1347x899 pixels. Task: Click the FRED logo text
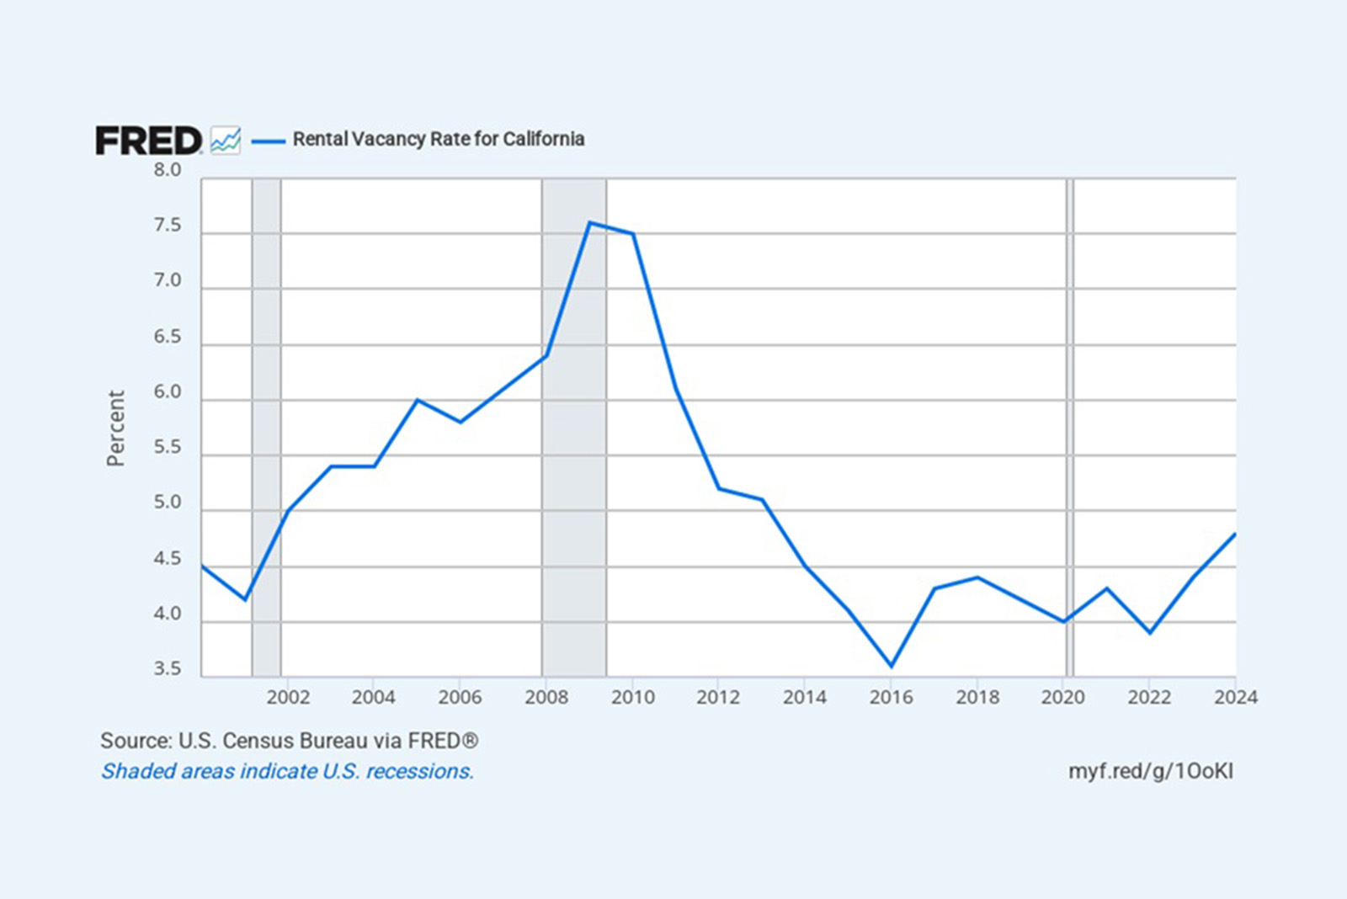148,141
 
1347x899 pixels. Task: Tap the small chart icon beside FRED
226,140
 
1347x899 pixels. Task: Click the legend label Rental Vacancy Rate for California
438,139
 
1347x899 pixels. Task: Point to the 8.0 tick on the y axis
167,170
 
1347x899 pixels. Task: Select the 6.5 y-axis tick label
167,337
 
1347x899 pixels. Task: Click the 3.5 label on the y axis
167,669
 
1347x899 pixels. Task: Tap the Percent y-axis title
115,428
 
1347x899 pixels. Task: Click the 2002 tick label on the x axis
288,697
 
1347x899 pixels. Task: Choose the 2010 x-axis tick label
632,697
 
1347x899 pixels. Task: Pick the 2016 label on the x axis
891,697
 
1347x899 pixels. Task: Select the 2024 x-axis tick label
1235,697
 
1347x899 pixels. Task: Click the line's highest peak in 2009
589,223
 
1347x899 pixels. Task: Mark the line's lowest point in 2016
892,666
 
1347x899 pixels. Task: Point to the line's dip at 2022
1150,632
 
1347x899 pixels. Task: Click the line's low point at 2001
245,599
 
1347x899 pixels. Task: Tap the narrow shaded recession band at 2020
1070,421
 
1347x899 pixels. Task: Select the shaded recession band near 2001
266,421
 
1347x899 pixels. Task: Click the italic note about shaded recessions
287,771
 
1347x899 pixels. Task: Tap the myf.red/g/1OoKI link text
1150,771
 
